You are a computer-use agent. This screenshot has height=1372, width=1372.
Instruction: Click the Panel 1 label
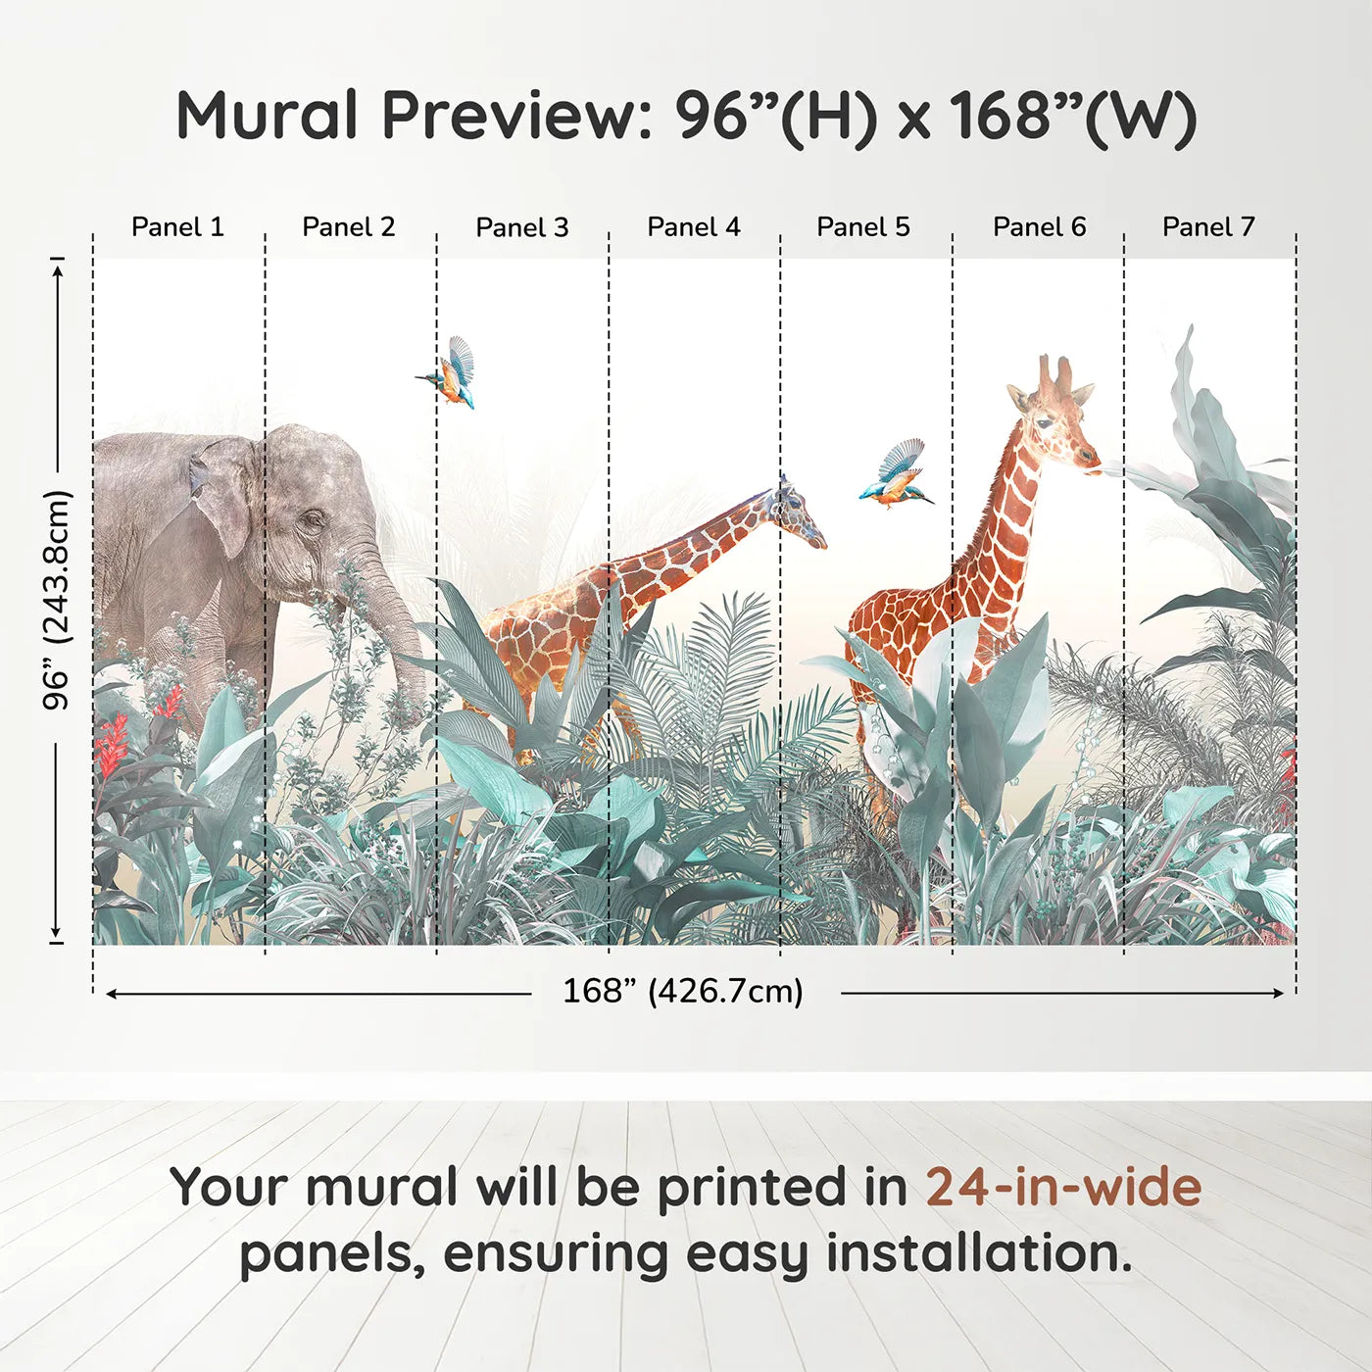[177, 227]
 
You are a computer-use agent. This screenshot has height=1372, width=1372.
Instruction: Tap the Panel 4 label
[694, 227]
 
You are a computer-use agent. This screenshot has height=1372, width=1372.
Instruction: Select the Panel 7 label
[1208, 227]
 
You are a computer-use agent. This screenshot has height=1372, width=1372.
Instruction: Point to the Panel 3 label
[522, 227]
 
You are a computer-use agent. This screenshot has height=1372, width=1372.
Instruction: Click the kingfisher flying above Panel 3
[447, 373]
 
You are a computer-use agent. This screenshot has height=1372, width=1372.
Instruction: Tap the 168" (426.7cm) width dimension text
[683, 992]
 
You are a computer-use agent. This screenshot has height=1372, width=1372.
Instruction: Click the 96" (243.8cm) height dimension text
[56, 600]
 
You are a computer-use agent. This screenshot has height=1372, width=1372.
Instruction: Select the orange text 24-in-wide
[1063, 1189]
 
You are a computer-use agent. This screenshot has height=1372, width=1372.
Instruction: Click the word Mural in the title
[267, 116]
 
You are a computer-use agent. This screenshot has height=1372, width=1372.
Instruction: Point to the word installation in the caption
[979, 1253]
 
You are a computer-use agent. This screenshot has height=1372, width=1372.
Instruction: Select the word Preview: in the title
[517, 116]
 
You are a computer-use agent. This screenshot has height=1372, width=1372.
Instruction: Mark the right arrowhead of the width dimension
[1279, 993]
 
